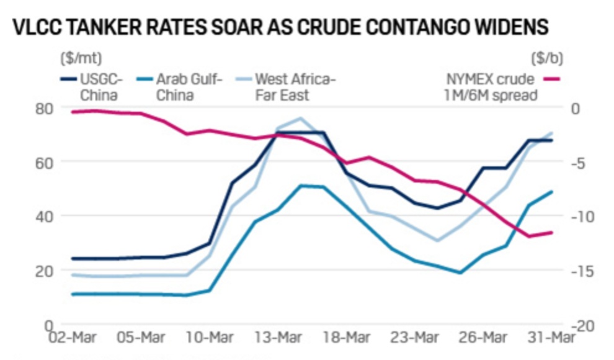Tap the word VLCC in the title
click(40, 27)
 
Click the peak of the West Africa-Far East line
click(300, 118)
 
